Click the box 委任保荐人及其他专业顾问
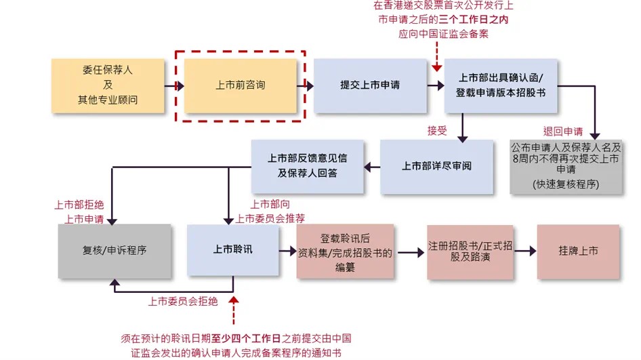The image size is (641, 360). click(x=108, y=86)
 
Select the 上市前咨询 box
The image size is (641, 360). click(x=241, y=86)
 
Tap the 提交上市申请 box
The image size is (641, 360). click(x=370, y=86)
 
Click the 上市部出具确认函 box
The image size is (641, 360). click(x=501, y=86)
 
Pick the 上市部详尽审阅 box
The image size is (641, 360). click(x=436, y=166)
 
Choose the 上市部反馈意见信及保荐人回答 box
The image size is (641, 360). click(x=308, y=165)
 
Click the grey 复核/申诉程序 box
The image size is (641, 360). click(x=115, y=250)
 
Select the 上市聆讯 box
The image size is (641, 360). click(x=232, y=250)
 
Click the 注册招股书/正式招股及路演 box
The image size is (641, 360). click(x=460, y=252)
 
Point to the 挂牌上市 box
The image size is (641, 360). click(x=578, y=251)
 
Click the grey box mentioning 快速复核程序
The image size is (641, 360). click(x=566, y=166)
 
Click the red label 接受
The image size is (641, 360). click(x=437, y=131)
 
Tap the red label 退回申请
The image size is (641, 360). click(x=562, y=131)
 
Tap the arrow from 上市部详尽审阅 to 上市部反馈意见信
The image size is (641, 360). click(x=372, y=166)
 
